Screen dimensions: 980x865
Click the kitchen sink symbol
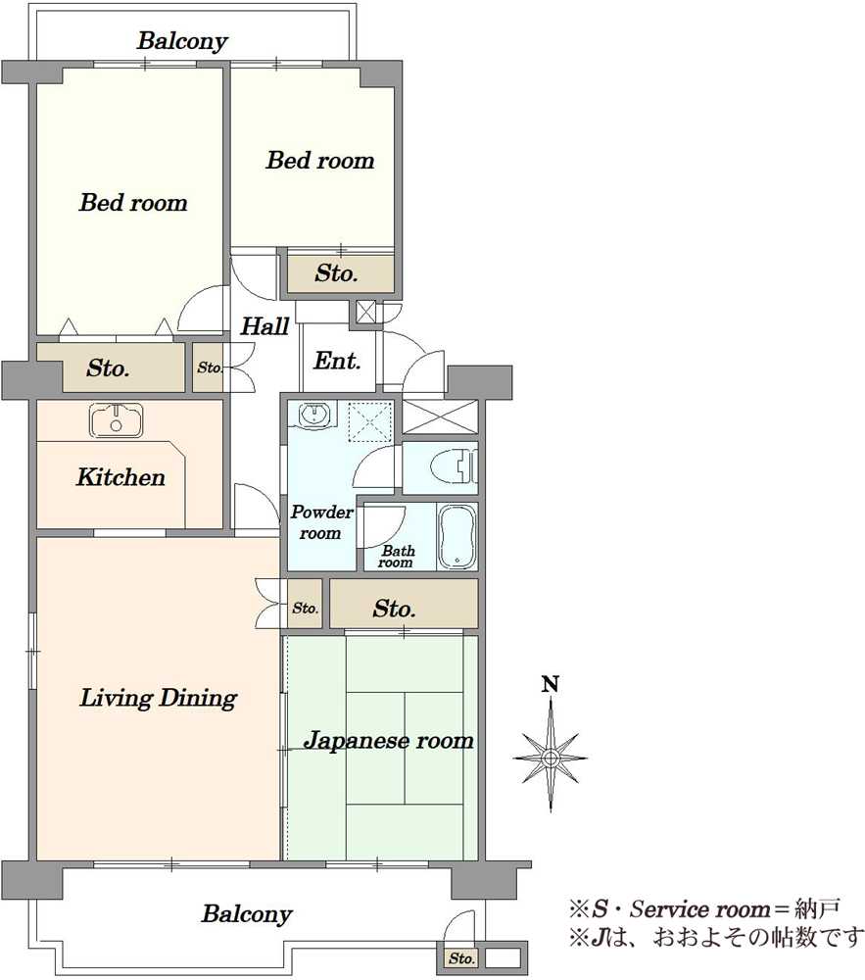117,420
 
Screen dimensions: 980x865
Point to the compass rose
551,757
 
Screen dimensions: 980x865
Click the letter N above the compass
551,684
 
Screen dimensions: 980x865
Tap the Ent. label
337,361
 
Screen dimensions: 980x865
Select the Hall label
264,326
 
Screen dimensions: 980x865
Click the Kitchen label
120,478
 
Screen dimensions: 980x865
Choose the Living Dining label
158,699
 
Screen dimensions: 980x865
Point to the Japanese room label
389,741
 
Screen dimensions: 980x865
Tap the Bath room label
397,557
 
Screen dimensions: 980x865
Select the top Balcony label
182,41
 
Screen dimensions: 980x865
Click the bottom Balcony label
247,914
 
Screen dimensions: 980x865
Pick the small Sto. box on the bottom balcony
460,957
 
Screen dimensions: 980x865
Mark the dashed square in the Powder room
370,419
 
